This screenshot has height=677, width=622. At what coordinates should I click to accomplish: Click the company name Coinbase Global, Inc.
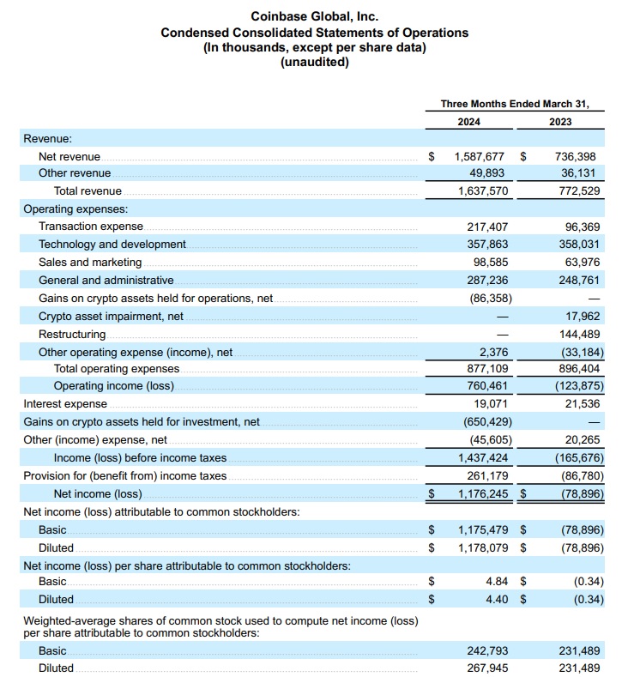(314, 16)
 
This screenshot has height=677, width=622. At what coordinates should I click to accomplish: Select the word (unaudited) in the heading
(314, 62)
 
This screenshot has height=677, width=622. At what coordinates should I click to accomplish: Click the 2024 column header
(468, 122)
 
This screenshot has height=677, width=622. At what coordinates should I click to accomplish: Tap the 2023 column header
(560, 122)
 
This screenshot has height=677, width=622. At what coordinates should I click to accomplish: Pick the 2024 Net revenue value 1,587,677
(482, 157)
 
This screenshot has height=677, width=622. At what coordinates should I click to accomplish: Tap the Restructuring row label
(72, 334)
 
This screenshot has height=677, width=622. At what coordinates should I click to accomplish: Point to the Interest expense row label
(65, 404)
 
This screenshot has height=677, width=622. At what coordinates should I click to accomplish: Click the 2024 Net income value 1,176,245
(482, 493)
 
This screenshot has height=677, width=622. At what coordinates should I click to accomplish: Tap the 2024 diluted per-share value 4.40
(497, 600)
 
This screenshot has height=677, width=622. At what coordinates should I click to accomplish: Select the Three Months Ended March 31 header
(515, 104)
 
